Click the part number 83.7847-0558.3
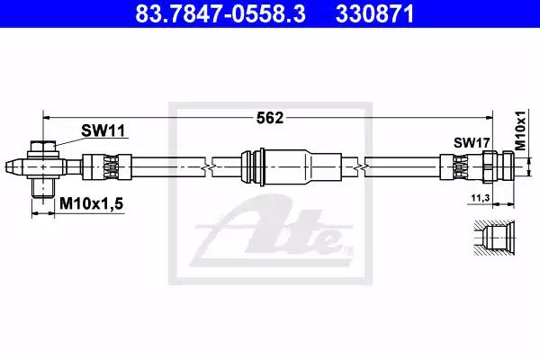pyautogui.click(x=220, y=13)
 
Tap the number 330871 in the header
pyautogui.click(x=374, y=13)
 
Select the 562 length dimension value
pyautogui.click(x=270, y=118)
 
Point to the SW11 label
pyautogui.click(x=103, y=130)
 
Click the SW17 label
pyautogui.click(x=472, y=142)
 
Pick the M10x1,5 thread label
pyautogui.click(x=91, y=203)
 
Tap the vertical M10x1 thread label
pyautogui.click(x=521, y=130)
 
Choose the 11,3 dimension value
pyautogui.click(x=481, y=198)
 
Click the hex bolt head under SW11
pyautogui.click(x=43, y=147)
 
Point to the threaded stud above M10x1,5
pyautogui.click(x=43, y=187)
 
